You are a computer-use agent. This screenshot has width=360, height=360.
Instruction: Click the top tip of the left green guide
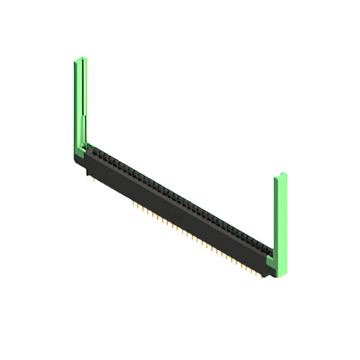pyautogui.click(x=80, y=58)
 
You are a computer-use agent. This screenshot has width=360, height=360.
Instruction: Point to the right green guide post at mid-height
pyautogui.click(x=280, y=219)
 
